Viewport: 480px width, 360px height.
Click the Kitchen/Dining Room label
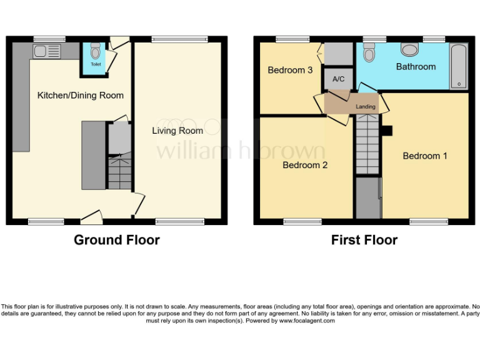[x=81, y=96]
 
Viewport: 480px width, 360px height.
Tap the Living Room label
[x=177, y=131]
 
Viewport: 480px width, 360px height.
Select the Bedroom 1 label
[x=424, y=156]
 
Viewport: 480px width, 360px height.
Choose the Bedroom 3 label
[x=290, y=70]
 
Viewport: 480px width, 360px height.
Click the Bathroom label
[x=416, y=66]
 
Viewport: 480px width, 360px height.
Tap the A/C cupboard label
[x=339, y=79]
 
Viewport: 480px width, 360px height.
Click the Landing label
[x=366, y=107]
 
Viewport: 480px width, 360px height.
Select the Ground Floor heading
[x=117, y=240]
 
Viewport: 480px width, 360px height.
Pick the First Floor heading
[x=364, y=240]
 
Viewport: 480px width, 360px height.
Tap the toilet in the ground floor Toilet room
[x=95, y=51]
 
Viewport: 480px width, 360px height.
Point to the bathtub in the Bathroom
[x=458, y=66]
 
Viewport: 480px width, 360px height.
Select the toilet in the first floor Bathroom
[x=369, y=53]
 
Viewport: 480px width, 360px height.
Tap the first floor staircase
[x=367, y=147]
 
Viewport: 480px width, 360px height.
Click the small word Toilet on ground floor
[x=95, y=64]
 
